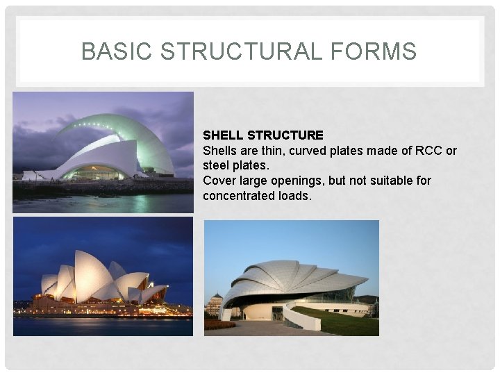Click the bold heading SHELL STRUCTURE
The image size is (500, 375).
point(262,135)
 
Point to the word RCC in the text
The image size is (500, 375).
point(427,150)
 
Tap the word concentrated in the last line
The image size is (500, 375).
point(237,196)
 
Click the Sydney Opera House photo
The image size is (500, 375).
point(103,276)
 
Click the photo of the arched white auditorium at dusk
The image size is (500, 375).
point(103,152)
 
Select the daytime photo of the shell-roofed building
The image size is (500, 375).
point(292,278)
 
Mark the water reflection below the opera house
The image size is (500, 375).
point(103,325)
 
